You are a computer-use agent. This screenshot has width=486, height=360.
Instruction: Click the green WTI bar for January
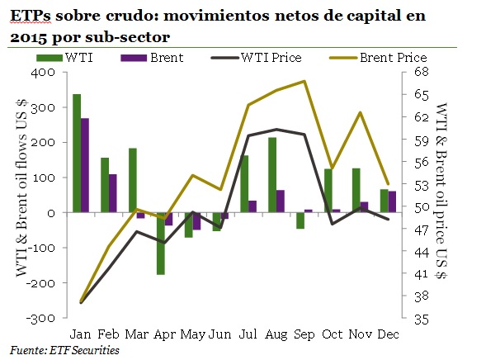76,154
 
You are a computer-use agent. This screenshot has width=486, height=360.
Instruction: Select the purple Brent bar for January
84,165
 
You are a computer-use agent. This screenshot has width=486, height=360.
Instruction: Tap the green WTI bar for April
161,244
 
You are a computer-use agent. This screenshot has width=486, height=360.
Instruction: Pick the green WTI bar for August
271,175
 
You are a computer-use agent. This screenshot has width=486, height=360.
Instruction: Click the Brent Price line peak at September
304,81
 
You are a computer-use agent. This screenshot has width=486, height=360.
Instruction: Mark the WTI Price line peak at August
276,130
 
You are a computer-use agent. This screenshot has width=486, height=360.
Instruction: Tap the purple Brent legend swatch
133,58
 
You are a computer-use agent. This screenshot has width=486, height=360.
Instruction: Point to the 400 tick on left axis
45,73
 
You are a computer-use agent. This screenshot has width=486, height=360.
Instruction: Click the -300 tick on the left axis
43,318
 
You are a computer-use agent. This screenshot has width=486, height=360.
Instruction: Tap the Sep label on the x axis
302,334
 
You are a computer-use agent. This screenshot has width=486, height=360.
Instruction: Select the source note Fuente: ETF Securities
64,350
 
